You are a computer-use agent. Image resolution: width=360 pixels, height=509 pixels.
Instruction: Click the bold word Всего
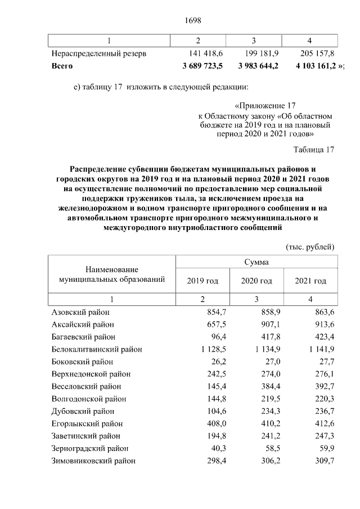click(x=62, y=66)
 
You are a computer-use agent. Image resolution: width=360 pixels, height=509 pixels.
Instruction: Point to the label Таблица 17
click(x=314, y=150)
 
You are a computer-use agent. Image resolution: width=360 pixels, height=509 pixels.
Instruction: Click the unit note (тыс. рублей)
click(x=310, y=246)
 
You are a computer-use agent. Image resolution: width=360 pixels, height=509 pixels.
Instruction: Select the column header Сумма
click(x=255, y=262)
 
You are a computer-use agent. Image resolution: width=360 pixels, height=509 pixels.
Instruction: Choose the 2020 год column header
click(x=256, y=281)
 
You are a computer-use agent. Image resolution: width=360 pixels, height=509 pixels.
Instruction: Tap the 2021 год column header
click(x=310, y=281)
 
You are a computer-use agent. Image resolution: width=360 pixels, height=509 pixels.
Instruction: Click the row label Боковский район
click(x=82, y=361)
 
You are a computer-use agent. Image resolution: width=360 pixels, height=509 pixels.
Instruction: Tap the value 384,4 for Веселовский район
click(x=265, y=386)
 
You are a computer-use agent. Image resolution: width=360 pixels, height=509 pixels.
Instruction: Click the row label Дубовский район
click(x=82, y=411)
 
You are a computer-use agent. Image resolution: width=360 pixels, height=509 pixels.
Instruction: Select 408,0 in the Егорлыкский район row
click(x=211, y=424)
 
